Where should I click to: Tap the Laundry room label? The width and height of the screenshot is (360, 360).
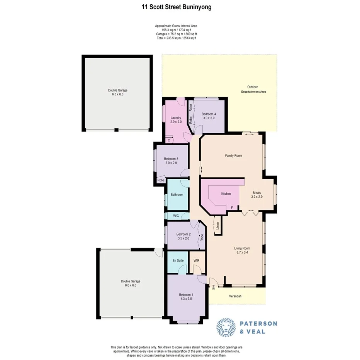coord(176,120)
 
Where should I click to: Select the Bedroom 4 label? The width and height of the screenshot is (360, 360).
coord(209,116)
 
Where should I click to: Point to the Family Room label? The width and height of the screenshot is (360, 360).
coord(233,156)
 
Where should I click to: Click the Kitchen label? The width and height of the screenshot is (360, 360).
coord(226,194)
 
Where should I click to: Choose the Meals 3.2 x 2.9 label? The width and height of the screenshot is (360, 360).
coord(257,195)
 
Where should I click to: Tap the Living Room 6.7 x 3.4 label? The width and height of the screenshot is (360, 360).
coord(242,251)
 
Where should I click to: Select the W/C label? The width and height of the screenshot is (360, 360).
coord(176,216)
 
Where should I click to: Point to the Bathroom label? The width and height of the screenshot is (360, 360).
coord(177,195)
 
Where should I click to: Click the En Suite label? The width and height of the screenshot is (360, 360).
coord(178,261)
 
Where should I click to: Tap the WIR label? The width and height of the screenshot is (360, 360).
coord(196,261)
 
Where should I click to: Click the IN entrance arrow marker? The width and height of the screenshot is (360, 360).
coord(213,287)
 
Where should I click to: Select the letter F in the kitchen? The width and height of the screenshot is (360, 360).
coord(232,208)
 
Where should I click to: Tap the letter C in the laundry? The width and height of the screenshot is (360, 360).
coord(169,140)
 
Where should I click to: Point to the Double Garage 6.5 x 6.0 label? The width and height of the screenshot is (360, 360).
coord(118,92)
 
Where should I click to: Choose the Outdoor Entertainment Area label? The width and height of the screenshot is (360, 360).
coord(253,89)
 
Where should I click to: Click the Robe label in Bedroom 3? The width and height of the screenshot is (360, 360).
coord(160,180)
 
